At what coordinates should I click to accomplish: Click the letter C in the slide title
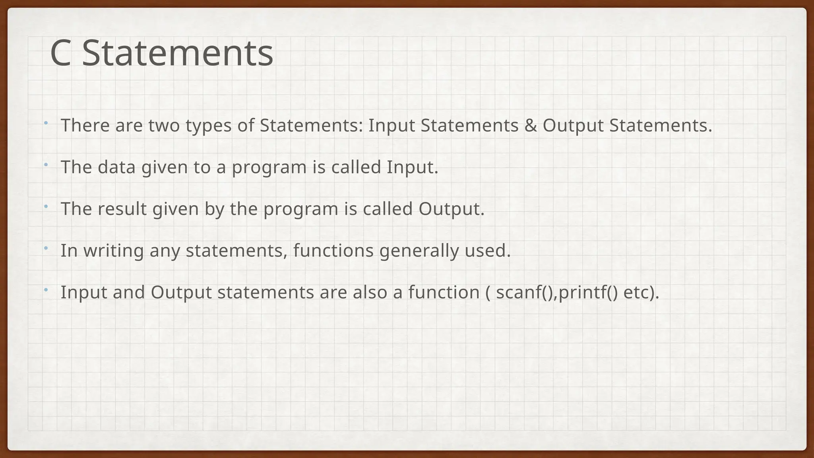60,53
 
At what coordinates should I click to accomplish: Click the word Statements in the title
178,53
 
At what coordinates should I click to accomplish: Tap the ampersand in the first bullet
530,126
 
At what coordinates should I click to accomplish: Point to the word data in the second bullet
116,167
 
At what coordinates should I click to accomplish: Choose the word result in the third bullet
122,209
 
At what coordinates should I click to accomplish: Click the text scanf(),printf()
557,293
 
